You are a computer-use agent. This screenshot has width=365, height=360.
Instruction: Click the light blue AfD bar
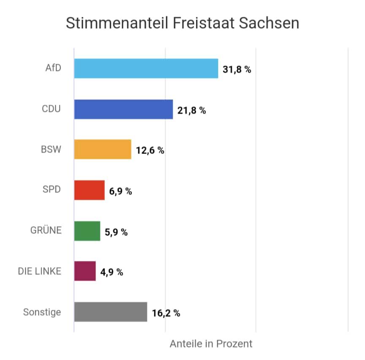[x=146, y=69]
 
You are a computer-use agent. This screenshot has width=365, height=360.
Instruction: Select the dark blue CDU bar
[x=123, y=109]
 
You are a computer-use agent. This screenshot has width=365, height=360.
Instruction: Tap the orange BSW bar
[x=103, y=149]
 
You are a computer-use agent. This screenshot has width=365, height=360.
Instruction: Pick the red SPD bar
[x=89, y=190]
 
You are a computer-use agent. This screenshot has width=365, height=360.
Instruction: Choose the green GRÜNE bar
[x=87, y=231]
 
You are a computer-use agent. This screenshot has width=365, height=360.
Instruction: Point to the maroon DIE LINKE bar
[x=85, y=271]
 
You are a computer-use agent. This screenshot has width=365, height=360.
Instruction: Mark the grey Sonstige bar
[x=110, y=312]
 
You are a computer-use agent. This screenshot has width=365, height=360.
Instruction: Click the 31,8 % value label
[x=237, y=70]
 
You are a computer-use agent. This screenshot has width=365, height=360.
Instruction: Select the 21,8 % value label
[x=192, y=110]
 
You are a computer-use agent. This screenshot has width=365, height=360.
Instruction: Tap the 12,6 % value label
[x=150, y=151]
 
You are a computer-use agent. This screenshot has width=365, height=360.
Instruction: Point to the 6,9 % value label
[x=121, y=191]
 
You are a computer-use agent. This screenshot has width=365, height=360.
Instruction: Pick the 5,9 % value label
[x=116, y=232]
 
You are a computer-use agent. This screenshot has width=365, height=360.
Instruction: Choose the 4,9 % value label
[x=112, y=272]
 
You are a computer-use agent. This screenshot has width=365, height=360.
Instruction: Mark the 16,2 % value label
[x=166, y=313]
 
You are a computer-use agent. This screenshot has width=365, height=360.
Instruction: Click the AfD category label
[x=53, y=68]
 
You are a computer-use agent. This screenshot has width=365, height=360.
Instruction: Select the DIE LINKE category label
[x=40, y=271]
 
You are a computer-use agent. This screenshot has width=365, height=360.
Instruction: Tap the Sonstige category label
[x=42, y=312]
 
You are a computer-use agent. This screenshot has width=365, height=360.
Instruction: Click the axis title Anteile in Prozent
[x=211, y=344]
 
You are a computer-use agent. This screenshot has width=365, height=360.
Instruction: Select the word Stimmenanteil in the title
[x=117, y=23]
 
